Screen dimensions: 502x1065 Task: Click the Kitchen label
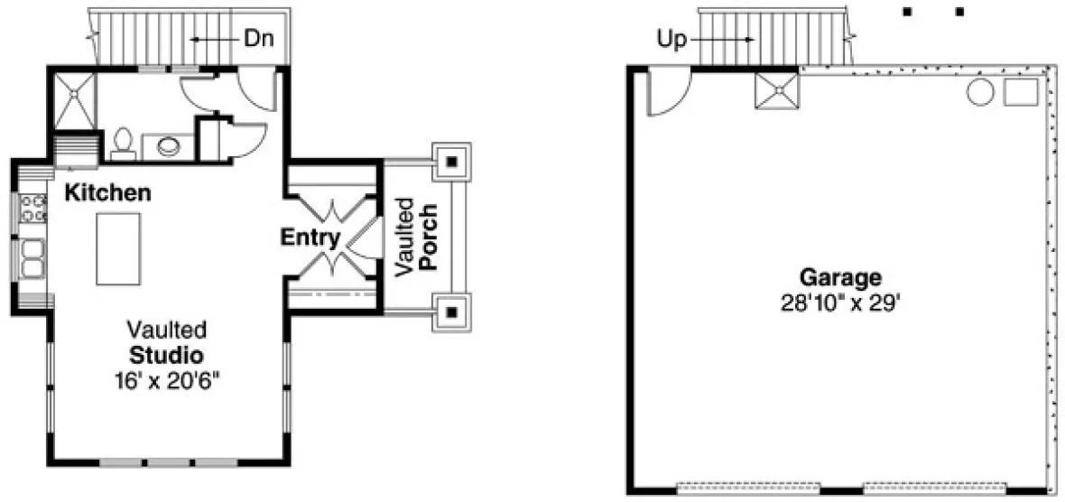(x=107, y=192)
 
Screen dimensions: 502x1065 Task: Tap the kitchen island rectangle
(x=118, y=248)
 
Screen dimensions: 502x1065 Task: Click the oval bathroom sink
(x=169, y=146)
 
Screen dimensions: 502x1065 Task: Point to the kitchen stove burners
(x=32, y=209)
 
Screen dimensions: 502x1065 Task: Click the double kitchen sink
(x=33, y=257)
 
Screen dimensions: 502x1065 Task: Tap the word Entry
(x=310, y=238)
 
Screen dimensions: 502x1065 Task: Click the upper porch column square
(x=451, y=162)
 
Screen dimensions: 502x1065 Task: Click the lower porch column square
(x=451, y=313)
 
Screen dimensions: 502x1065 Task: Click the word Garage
(x=840, y=277)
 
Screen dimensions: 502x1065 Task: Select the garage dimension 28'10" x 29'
(x=841, y=303)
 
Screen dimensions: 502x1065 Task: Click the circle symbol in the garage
(x=980, y=92)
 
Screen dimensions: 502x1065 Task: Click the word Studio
(x=166, y=353)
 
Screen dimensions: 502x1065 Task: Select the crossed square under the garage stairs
(x=777, y=91)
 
